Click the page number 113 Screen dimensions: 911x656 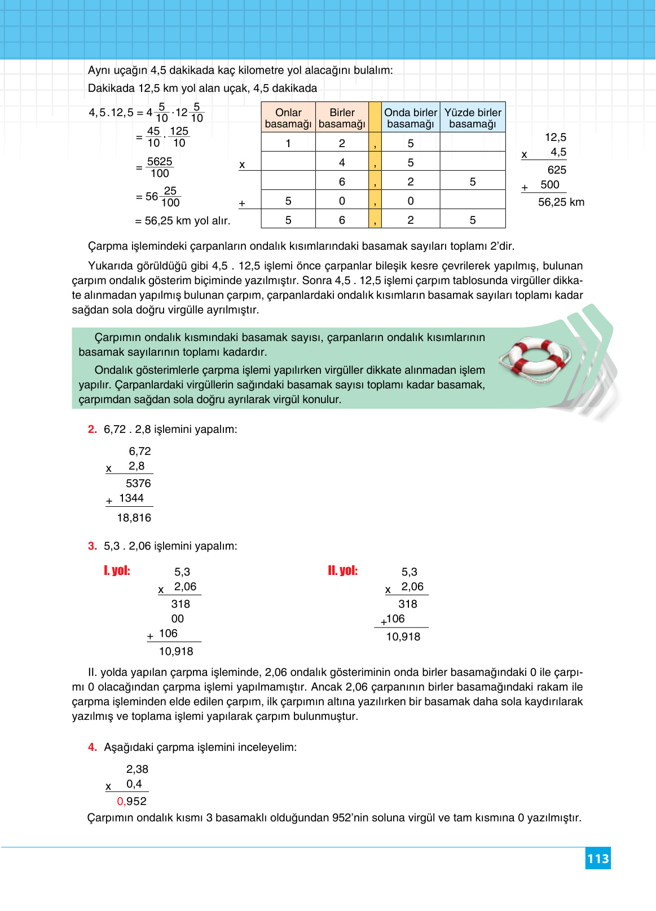(x=598, y=859)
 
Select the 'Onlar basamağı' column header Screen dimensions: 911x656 (x=288, y=118)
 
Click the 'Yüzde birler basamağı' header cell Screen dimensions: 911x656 (x=473, y=118)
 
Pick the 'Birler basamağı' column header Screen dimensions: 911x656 (x=342, y=118)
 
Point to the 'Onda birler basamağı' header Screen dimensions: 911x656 (x=411, y=118)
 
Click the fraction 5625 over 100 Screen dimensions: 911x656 (x=160, y=167)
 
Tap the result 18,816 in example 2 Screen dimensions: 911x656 (x=134, y=518)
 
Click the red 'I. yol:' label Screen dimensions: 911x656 (x=117, y=571)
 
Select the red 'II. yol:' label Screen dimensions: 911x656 (x=343, y=571)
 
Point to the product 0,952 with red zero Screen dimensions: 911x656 (x=132, y=801)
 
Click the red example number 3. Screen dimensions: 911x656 (x=93, y=546)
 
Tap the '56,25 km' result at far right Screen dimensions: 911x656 (x=561, y=202)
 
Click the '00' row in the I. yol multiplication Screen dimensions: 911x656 (x=178, y=618)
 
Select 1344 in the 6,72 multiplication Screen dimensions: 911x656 (x=131, y=498)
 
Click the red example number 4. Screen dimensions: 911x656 (x=93, y=747)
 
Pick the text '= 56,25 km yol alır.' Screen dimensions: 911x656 (x=183, y=220)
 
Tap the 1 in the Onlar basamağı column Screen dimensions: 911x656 (x=288, y=143)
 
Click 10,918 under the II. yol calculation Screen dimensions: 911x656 (x=403, y=636)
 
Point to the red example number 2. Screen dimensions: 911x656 (x=93, y=429)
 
